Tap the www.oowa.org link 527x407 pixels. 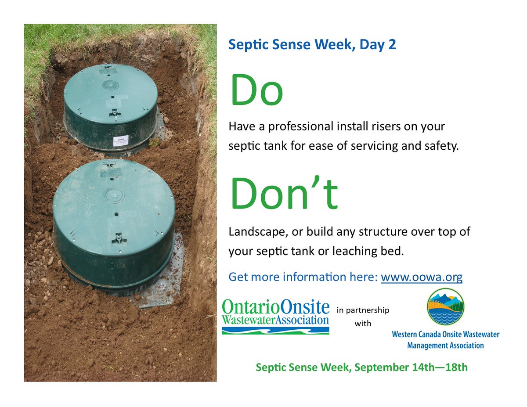(x=421, y=277)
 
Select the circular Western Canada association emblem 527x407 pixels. (x=445, y=306)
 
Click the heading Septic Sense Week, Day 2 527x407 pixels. (x=312, y=44)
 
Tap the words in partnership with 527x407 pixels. (x=363, y=317)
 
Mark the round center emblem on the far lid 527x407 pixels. (x=108, y=85)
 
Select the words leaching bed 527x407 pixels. (x=377, y=252)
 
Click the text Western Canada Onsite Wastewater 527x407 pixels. (x=445, y=335)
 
